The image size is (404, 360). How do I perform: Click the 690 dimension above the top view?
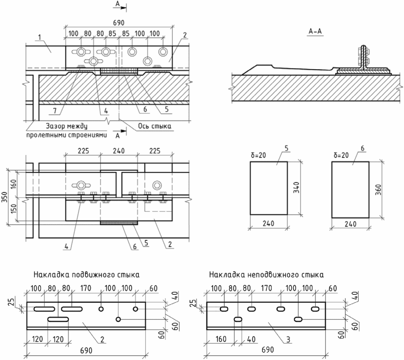point(118,23)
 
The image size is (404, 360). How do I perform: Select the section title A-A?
point(315,32)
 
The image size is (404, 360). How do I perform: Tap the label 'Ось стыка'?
point(155,126)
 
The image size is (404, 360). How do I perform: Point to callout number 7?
point(55,111)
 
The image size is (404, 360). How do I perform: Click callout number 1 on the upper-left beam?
point(40,38)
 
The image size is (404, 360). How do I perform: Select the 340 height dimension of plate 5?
point(296,188)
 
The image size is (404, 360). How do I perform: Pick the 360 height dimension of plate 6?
point(378,190)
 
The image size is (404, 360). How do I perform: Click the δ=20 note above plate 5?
point(258,155)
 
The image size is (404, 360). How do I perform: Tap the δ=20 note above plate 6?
point(341,155)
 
